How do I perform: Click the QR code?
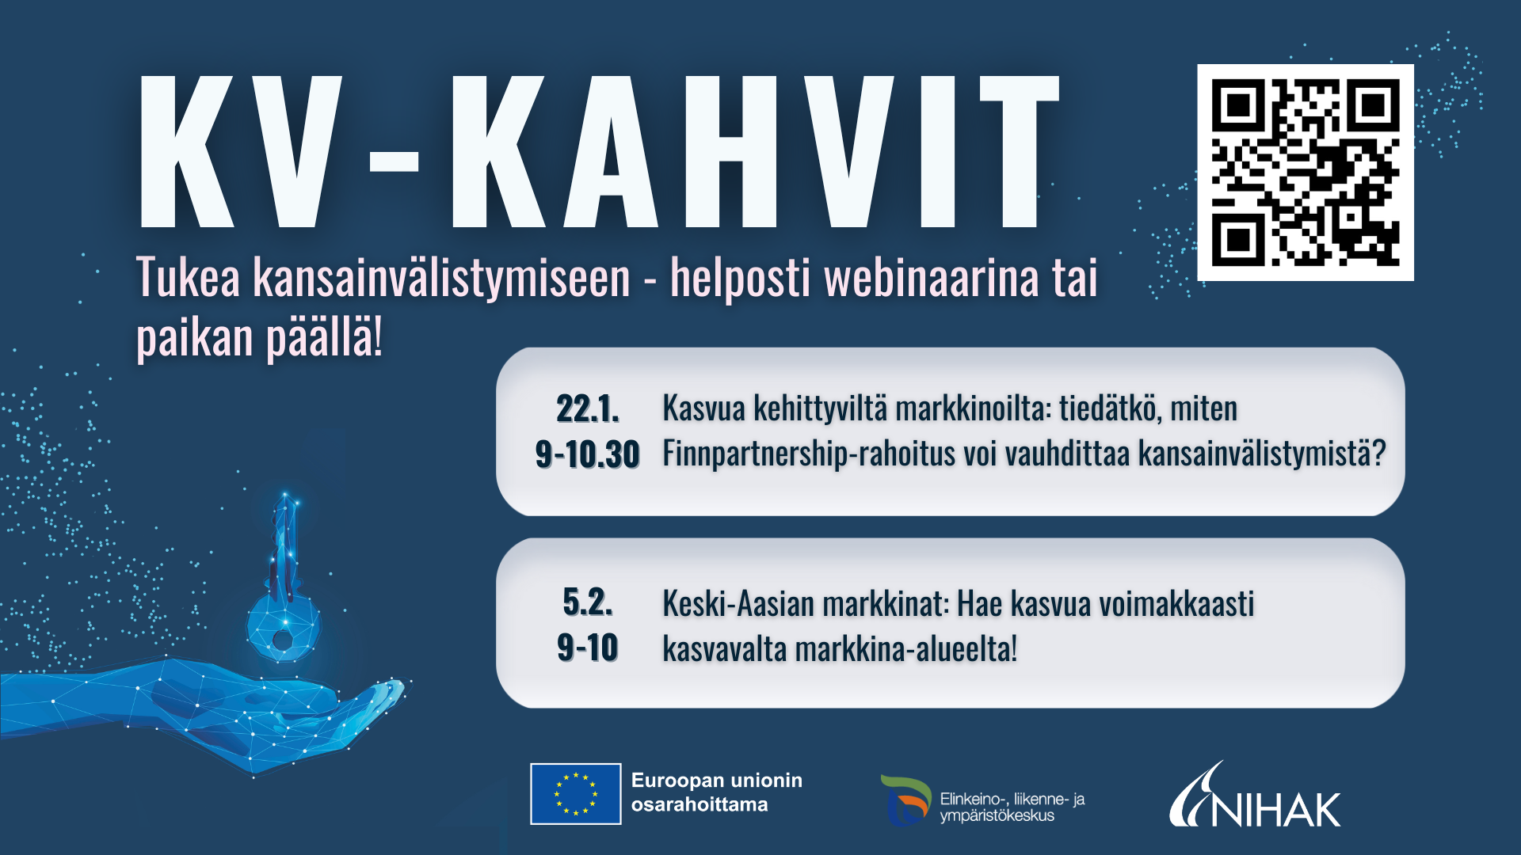1306,173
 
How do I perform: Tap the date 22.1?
588,409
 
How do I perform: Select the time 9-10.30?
587,454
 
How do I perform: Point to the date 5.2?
588,602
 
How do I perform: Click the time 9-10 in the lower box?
587,648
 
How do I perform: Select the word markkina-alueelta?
906,649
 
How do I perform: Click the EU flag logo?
575,793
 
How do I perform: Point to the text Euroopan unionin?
717,781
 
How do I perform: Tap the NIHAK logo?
1255,796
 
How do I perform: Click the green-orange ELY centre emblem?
905,800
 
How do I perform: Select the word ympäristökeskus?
997,816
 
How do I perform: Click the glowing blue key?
283,582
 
